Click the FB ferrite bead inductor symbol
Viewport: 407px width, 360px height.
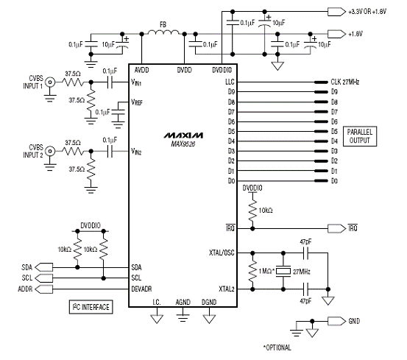(x=163, y=32)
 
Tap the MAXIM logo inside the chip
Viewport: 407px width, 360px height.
(x=183, y=135)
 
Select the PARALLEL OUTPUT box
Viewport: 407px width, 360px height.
(x=360, y=136)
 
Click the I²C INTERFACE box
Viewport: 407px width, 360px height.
(x=91, y=307)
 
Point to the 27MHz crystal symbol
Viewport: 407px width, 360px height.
(x=283, y=271)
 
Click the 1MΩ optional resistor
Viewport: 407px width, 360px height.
(x=252, y=271)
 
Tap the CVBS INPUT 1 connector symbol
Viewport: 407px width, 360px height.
(x=50, y=82)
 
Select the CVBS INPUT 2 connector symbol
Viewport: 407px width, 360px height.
(x=50, y=151)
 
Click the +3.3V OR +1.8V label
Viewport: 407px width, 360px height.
(x=367, y=12)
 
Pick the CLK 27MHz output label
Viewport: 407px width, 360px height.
(x=345, y=82)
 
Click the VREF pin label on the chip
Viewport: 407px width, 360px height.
(x=137, y=102)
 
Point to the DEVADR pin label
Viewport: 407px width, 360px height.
(x=141, y=289)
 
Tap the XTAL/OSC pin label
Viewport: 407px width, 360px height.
(x=222, y=253)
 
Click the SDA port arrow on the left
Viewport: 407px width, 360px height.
(x=43, y=267)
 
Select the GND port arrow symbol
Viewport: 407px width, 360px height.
(x=336, y=321)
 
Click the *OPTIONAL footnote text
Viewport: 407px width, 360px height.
(x=277, y=347)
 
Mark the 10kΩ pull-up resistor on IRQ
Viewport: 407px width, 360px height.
(x=252, y=211)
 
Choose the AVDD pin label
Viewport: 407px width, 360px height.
(x=142, y=70)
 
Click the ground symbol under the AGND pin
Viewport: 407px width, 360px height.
(x=183, y=318)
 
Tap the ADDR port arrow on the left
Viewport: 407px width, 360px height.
(x=43, y=289)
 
